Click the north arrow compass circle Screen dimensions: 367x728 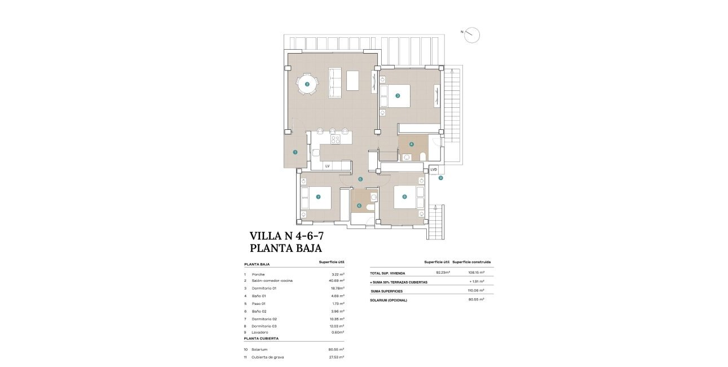click(473, 35)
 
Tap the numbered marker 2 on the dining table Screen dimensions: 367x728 click(307, 85)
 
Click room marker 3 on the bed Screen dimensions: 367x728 click(398, 95)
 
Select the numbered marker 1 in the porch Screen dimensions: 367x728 click(295, 152)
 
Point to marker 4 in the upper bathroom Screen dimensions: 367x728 click(411, 144)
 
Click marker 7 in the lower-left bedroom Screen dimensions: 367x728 click(319, 197)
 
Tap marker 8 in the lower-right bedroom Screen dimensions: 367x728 click(404, 197)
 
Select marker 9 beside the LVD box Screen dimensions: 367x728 click(440, 178)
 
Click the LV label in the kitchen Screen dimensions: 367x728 click(327, 166)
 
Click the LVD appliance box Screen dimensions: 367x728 click(434, 169)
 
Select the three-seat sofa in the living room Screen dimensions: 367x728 click(335, 82)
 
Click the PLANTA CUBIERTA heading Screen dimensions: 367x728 click(261, 339)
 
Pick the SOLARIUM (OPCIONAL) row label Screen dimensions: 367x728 click(389, 300)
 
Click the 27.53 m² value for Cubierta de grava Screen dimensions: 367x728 click(336, 357)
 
